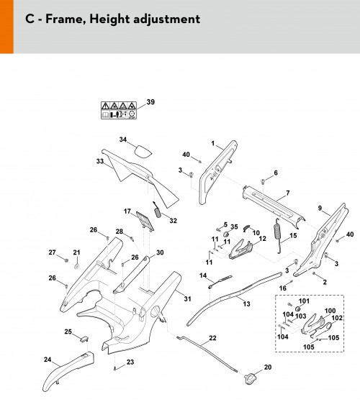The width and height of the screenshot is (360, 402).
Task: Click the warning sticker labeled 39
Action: [x=119, y=110]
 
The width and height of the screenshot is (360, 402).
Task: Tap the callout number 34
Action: [x=123, y=140]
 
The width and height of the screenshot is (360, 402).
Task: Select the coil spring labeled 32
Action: [x=157, y=210]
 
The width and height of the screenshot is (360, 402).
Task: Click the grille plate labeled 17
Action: [x=145, y=221]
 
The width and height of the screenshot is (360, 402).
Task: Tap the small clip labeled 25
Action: [x=84, y=339]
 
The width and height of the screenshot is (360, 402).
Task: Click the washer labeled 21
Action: [x=76, y=266]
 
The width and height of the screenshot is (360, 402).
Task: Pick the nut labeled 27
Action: [x=66, y=260]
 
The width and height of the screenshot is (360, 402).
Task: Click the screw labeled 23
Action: [x=114, y=368]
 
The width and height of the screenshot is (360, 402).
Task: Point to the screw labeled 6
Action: [x=263, y=182]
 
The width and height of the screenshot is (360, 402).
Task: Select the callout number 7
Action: [x=288, y=193]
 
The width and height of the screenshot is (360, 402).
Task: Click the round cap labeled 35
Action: [x=227, y=234]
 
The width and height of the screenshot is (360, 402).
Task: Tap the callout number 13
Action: [x=246, y=303]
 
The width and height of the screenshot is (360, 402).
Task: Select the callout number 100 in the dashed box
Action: [x=330, y=311]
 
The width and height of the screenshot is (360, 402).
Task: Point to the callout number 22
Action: [x=212, y=338]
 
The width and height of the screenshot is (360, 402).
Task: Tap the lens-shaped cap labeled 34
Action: [x=143, y=151]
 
